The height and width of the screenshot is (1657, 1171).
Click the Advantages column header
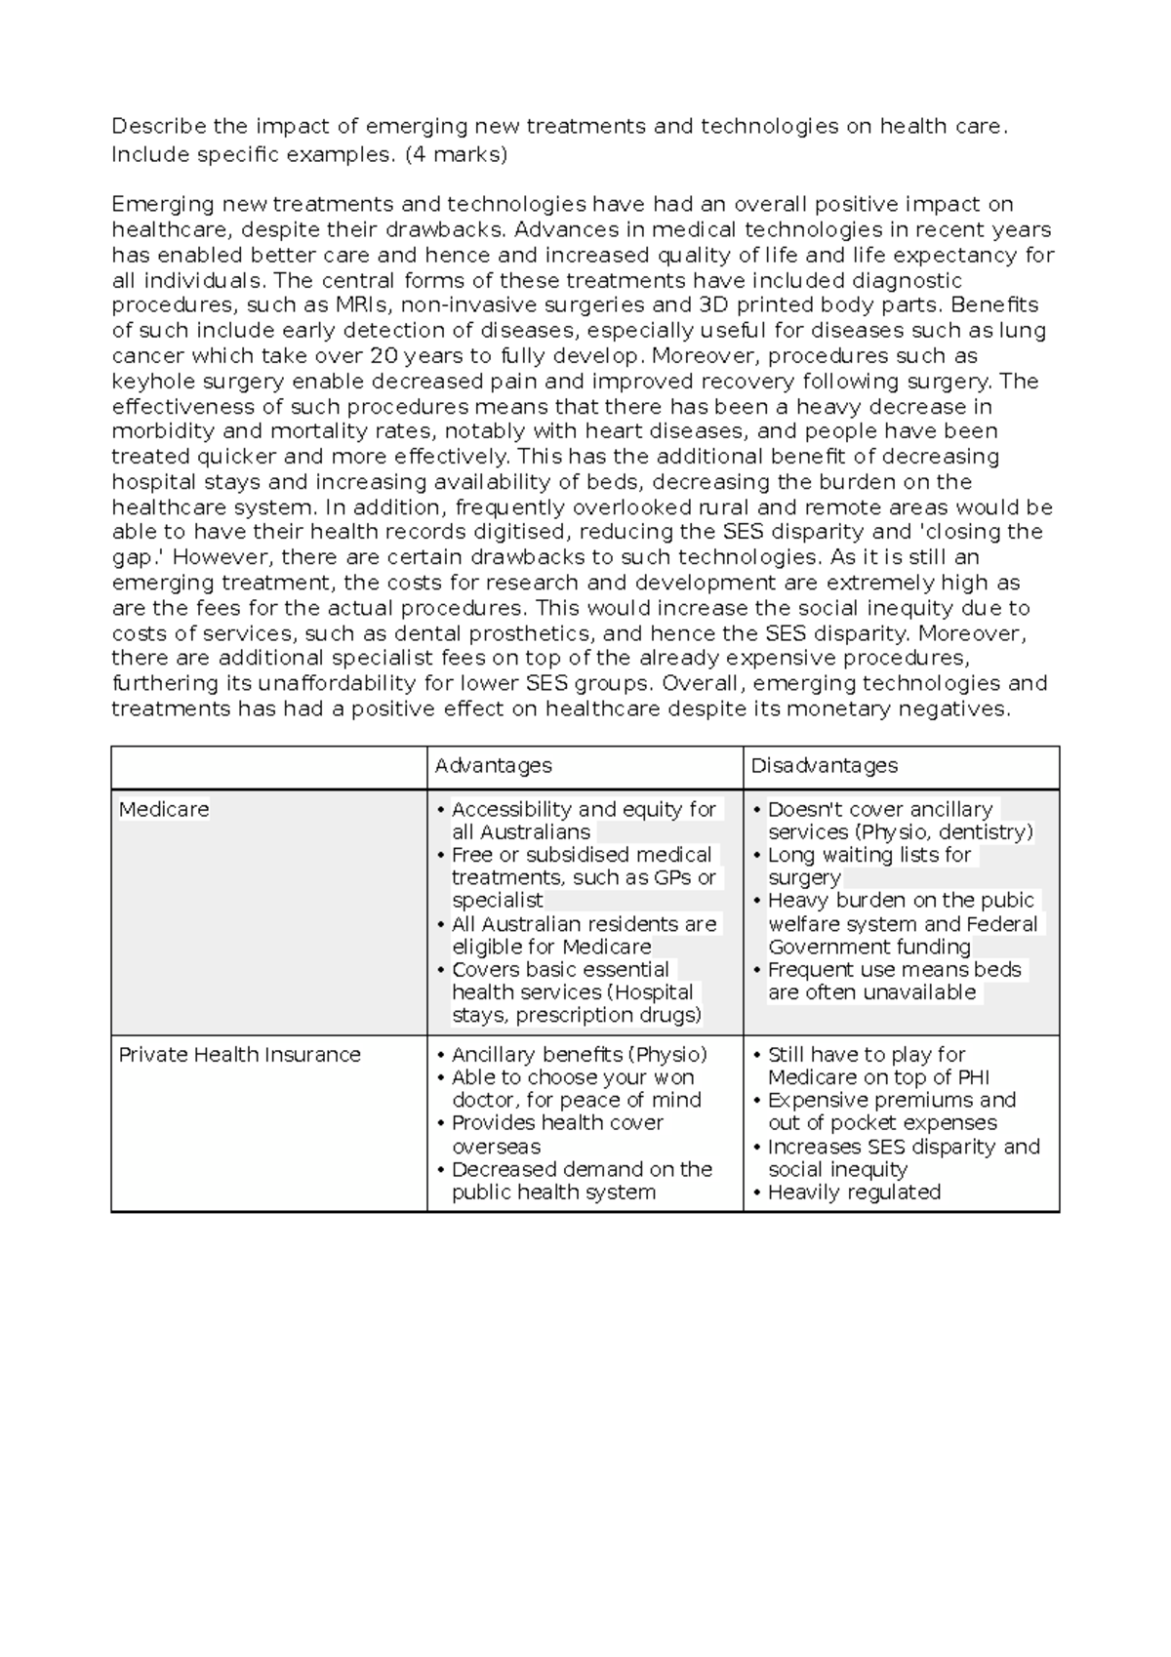pyautogui.click(x=493, y=766)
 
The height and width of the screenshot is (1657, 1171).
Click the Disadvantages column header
pyautogui.click(x=824, y=766)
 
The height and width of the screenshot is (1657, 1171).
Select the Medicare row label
pyautogui.click(x=164, y=810)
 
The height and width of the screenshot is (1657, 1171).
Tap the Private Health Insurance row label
pyautogui.click(x=239, y=1055)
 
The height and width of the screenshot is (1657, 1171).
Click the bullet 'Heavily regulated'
pyautogui.click(x=854, y=1192)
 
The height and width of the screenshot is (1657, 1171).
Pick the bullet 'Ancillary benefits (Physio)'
pyautogui.click(x=580, y=1055)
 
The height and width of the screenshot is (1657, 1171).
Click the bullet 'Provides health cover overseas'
pyautogui.click(x=557, y=1134)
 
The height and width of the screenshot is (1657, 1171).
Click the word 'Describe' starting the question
pyautogui.click(x=159, y=126)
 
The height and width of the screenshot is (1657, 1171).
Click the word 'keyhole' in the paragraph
pyautogui.click(x=146, y=382)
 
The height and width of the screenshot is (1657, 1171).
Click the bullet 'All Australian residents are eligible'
pyautogui.click(x=584, y=935)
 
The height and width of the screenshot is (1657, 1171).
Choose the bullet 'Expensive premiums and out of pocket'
pyautogui.click(x=891, y=1111)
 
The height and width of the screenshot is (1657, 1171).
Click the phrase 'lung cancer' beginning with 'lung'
pyautogui.click(x=1023, y=331)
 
